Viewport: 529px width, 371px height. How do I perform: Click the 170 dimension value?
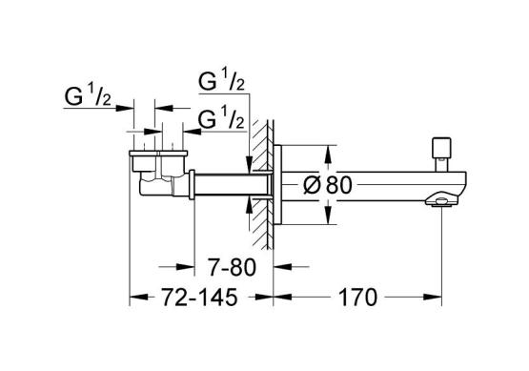357,298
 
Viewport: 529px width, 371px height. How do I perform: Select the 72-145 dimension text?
200,298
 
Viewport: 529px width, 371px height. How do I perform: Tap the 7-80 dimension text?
233,267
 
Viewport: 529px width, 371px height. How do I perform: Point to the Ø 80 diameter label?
328,185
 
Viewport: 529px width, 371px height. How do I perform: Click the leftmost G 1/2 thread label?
88,95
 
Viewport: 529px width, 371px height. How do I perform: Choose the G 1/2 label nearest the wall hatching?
221,118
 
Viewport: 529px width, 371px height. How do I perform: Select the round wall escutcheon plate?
277,184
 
